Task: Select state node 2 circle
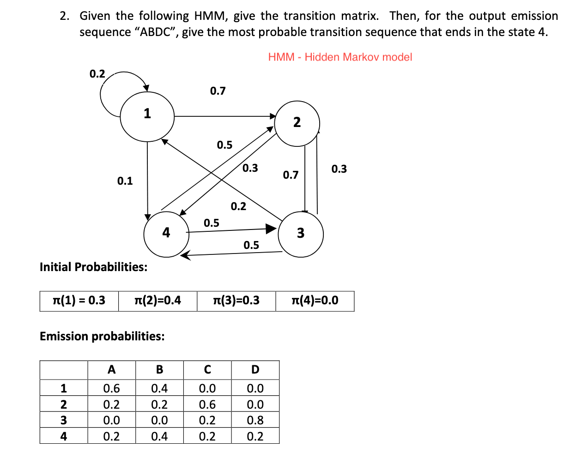[297, 123]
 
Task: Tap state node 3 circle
[301, 234]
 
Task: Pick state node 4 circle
[166, 234]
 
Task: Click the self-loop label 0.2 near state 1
[97, 74]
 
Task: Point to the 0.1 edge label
[125, 181]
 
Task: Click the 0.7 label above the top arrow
[218, 91]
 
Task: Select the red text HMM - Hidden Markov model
[340, 57]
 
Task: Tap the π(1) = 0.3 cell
[79, 301]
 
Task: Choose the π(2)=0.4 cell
[158, 301]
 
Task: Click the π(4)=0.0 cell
[315, 301]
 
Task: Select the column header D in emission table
[255, 370]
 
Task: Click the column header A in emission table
[111, 370]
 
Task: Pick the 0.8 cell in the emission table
[255, 420]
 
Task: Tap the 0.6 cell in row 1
[111, 388]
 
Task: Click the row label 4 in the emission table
[64, 436]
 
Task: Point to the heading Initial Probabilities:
[94, 267]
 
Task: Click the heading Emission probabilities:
[102, 336]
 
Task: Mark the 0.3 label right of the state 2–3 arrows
[339, 169]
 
